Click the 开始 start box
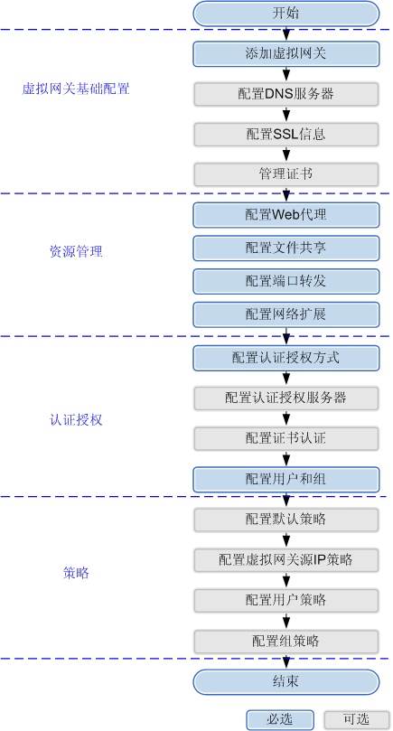point(286,13)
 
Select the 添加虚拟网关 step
point(286,54)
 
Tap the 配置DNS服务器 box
point(286,94)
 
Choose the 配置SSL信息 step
point(286,135)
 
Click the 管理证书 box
point(286,174)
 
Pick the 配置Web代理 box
point(286,215)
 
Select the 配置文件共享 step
point(286,248)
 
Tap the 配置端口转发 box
point(286,281)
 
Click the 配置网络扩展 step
point(286,314)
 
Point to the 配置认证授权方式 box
point(286,358)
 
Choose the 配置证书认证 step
point(286,438)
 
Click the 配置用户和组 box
point(286,479)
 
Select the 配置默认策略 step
point(286,520)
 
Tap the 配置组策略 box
point(286,642)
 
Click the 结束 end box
point(286,682)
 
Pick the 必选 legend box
point(280,719)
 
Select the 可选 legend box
point(357,719)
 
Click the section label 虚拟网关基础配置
point(76,89)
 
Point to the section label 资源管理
point(76,252)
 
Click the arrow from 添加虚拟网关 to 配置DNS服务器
point(286,75)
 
